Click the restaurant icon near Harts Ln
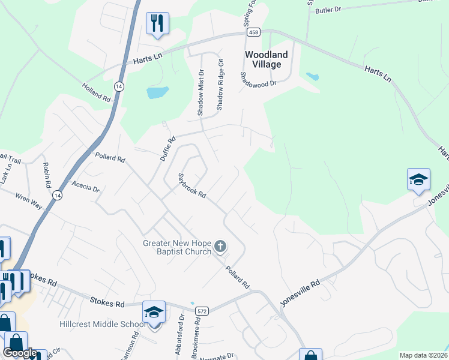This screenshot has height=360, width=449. [157, 23]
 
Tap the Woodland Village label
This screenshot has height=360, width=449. [267, 59]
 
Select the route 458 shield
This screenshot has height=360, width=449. [253, 32]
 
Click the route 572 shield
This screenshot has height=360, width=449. [202, 310]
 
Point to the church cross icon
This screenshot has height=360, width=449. [221, 245]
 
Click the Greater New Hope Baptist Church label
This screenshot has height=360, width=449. [177, 247]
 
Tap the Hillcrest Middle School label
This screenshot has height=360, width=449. [103, 325]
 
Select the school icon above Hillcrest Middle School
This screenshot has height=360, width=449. [154, 313]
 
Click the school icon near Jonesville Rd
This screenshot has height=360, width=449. [418, 179]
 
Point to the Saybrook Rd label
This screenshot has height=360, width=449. [192, 186]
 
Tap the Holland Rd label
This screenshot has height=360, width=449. [97, 92]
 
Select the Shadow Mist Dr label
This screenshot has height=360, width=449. [201, 92]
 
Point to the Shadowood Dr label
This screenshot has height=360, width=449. [258, 79]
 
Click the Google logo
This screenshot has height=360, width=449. [20, 353]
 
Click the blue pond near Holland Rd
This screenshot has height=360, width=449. [157, 92]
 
